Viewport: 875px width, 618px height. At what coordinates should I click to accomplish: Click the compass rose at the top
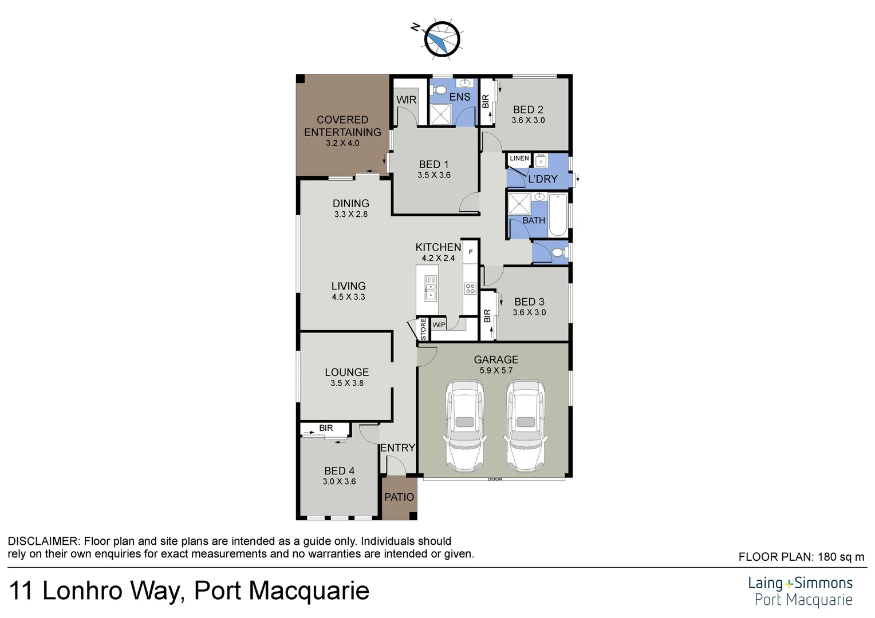pos(442,39)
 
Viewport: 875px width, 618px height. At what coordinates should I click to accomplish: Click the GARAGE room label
pos(496,359)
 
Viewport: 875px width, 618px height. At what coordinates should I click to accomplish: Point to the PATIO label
pos(399,497)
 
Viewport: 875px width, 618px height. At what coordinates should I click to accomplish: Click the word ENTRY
pos(397,448)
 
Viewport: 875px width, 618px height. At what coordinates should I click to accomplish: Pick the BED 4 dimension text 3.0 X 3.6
pos(339,482)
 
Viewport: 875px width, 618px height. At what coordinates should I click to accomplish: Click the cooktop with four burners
pos(470,288)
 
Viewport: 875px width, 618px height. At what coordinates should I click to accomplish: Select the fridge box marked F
pos(471,252)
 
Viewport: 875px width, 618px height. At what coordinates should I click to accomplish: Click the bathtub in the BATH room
pos(558,215)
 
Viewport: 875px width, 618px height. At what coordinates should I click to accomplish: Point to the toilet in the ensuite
pos(439,90)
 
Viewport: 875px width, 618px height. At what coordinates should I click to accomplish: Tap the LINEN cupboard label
pos(519,159)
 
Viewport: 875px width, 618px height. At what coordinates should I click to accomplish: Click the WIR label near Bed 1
pos(407,100)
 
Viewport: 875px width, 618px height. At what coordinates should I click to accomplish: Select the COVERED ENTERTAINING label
pos(342,126)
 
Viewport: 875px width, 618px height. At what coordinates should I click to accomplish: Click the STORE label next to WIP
pos(424,330)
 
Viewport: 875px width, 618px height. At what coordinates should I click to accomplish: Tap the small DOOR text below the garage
pos(495,480)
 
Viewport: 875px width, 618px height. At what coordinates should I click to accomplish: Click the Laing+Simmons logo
pos(800,591)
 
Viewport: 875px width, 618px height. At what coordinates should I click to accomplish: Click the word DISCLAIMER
pos(42,541)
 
